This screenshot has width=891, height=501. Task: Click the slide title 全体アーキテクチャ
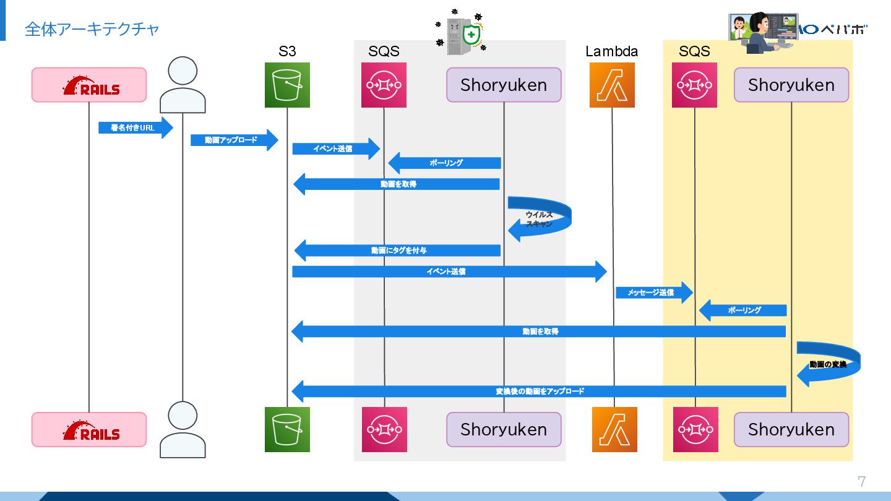point(92,29)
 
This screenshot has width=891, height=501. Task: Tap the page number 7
point(861,481)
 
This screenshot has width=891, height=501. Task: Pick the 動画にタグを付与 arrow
point(398,250)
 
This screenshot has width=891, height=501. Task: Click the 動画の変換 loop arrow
point(828,364)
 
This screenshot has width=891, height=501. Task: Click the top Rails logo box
point(89,85)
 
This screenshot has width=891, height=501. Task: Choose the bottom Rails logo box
point(89,429)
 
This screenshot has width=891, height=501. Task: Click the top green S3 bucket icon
point(287,85)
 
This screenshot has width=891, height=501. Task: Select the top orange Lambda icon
point(612,85)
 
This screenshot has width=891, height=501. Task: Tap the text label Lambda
point(611,51)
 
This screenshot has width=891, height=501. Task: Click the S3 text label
point(287,51)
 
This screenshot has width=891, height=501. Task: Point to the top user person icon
point(183,85)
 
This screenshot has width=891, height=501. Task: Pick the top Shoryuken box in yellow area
point(791,85)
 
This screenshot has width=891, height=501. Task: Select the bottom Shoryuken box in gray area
point(504,429)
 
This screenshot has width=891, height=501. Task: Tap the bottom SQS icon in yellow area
point(695,429)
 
